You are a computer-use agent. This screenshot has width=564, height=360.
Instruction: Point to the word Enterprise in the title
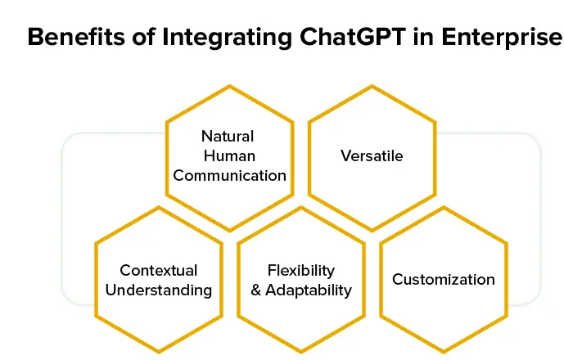[502, 38]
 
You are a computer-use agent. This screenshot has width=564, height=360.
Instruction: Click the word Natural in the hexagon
[228, 136]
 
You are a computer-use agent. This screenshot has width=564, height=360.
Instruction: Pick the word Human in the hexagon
[228, 155]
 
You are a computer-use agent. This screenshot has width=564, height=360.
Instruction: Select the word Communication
[229, 175]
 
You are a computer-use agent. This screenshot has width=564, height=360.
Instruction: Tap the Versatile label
[372, 155]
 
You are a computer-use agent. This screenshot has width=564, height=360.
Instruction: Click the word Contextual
[158, 270]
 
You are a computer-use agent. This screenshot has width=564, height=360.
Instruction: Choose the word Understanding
[158, 290]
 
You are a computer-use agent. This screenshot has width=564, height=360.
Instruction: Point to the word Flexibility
[301, 270]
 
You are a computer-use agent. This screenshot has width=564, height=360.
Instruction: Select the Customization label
[444, 280]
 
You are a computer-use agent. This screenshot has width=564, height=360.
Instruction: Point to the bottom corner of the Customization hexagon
[444, 353]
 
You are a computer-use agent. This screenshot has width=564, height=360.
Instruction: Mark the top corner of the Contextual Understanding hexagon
[158, 206]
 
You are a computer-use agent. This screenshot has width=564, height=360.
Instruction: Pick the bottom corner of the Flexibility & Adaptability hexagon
[301, 353]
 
